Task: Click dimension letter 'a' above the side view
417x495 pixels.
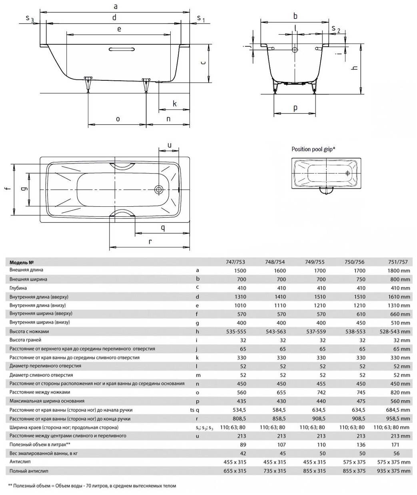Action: tap(116, 6)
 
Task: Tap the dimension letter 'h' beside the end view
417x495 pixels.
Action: tap(353, 68)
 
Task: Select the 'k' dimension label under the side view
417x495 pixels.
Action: tap(175, 104)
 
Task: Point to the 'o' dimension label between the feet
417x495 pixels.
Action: tap(118, 119)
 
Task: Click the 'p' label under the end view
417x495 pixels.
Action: tap(295, 108)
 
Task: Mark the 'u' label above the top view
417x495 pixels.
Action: tap(170, 146)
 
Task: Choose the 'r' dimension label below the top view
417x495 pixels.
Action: tap(150, 241)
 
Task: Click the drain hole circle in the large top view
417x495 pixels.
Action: tap(160, 190)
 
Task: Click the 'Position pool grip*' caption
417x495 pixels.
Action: tap(313, 149)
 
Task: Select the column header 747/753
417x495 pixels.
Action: tap(236, 262)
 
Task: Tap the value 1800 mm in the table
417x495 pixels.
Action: tap(394, 271)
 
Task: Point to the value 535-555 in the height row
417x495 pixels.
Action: tap(236, 331)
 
